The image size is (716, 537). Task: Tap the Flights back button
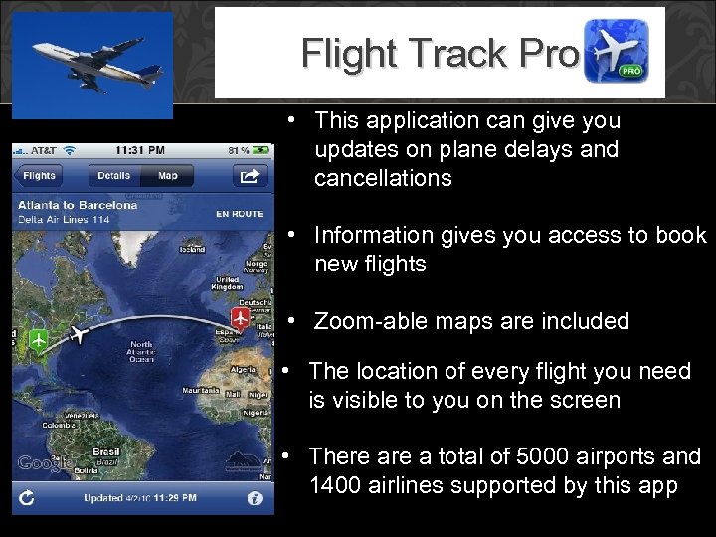pyautogui.click(x=39, y=176)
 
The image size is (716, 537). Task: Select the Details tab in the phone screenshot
pyautogui.click(x=113, y=176)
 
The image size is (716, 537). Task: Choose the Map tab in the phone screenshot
pyautogui.click(x=167, y=176)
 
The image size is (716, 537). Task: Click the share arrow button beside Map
pyautogui.click(x=247, y=176)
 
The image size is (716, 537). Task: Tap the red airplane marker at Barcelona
pyautogui.click(x=240, y=318)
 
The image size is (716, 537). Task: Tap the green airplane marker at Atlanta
pyautogui.click(x=38, y=340)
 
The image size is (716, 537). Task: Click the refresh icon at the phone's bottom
pyautogui.click(x=27, y=497)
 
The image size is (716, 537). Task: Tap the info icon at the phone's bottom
pyautogui.click(x=256, y=497)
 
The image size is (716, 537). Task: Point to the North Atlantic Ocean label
pyautogui.click(x=139, y=354)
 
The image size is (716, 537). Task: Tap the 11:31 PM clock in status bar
pyautogui.click(x=140, y=150)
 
